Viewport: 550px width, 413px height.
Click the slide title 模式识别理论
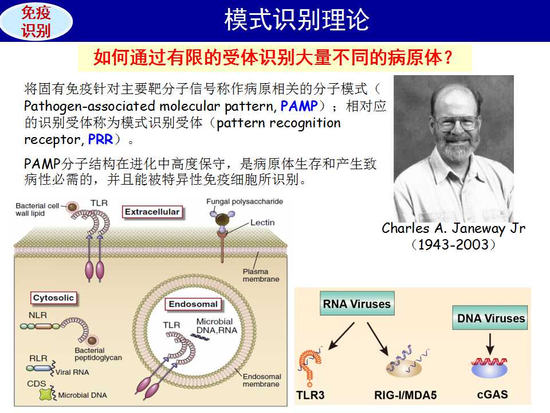coord(297,20)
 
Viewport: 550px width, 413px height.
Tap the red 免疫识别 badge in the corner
coord(36,21)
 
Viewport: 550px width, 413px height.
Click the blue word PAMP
coord(299,106)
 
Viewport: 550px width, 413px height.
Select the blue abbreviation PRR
coord(101,139)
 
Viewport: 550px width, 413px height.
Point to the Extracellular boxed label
coord(152,212)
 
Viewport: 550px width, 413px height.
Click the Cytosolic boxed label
coord(53,298)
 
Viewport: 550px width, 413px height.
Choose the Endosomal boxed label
coord(193,304)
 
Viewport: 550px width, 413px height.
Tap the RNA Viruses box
coord(357,303)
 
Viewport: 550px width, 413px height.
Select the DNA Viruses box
coord(490,318)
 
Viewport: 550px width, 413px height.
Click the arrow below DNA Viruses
coord(490,344)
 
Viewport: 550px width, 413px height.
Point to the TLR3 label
coord(310,395)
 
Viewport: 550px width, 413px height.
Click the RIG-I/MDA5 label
coord(406,395)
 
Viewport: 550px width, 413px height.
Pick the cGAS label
coord(492,395)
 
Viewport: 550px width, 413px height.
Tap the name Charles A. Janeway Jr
coord(454,228)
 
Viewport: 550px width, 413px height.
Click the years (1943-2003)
coord(454,244)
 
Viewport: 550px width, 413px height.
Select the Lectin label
coord(262,223)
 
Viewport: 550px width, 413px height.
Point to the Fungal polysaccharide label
coord(245,201)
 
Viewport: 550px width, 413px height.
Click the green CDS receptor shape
coord(46,395)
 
